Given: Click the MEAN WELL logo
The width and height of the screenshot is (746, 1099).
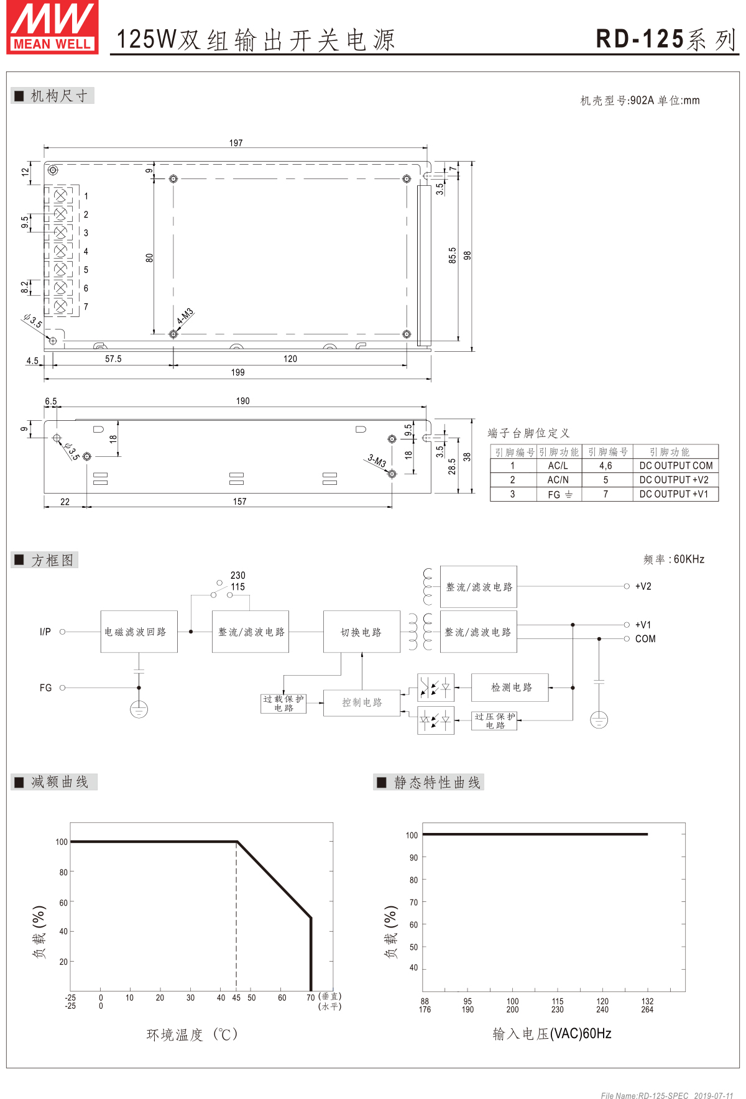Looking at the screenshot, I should tap(52, 28).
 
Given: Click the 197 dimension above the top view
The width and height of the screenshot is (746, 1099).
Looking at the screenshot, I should tap(236, 143).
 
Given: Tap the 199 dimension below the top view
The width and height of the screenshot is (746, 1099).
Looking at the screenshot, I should tap(237, 372).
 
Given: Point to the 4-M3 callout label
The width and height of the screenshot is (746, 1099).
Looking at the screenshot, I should tap(185, 316).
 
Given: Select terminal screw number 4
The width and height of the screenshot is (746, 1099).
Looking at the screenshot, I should tap(60, 251).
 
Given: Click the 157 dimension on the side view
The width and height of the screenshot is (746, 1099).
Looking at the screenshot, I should tap(239, 502).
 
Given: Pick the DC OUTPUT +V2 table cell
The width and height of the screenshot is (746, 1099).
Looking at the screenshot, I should tap(674, 480).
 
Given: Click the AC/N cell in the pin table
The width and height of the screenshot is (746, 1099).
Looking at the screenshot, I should tap(558, 480).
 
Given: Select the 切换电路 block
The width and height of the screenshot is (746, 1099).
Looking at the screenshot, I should tap(361, 632).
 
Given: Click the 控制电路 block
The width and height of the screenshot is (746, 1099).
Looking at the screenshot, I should tap(361, 702).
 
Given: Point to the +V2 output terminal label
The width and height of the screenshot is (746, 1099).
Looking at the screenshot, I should tap(643, 586).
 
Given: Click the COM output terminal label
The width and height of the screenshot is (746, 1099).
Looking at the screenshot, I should tap(645, 639).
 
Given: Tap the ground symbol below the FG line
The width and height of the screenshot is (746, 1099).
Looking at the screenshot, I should tap(139, 709).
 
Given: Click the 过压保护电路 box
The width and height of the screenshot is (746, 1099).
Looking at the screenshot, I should tap(494, 721).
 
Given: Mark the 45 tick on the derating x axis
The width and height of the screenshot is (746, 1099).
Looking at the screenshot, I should tap(236, 998).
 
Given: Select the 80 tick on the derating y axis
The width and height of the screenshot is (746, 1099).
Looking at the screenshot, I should tap(63, 872).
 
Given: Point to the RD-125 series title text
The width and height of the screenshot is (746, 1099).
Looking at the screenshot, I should tap(665, 39).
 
